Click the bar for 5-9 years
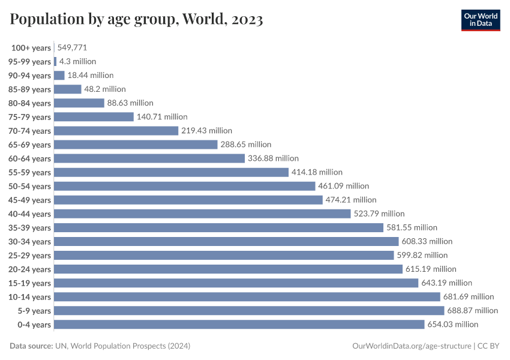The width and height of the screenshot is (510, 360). point(249,311)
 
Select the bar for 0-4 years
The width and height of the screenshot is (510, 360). point(239,325)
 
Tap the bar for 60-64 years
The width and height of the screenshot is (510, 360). point(149,158)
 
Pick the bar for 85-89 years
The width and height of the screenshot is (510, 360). point(67,89)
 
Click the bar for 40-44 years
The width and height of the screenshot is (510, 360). point(202,214)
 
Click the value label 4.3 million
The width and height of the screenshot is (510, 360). point(77,61)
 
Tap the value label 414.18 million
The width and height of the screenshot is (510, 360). point(317,172)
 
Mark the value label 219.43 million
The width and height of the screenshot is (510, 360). point(206,131)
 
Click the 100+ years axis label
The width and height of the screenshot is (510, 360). point(31,48)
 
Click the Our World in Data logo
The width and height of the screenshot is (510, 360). point(480,20)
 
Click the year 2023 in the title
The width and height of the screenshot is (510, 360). point(245,20)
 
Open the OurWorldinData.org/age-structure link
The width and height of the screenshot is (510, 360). point(411,346)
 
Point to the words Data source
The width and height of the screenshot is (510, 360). point(31,346)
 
